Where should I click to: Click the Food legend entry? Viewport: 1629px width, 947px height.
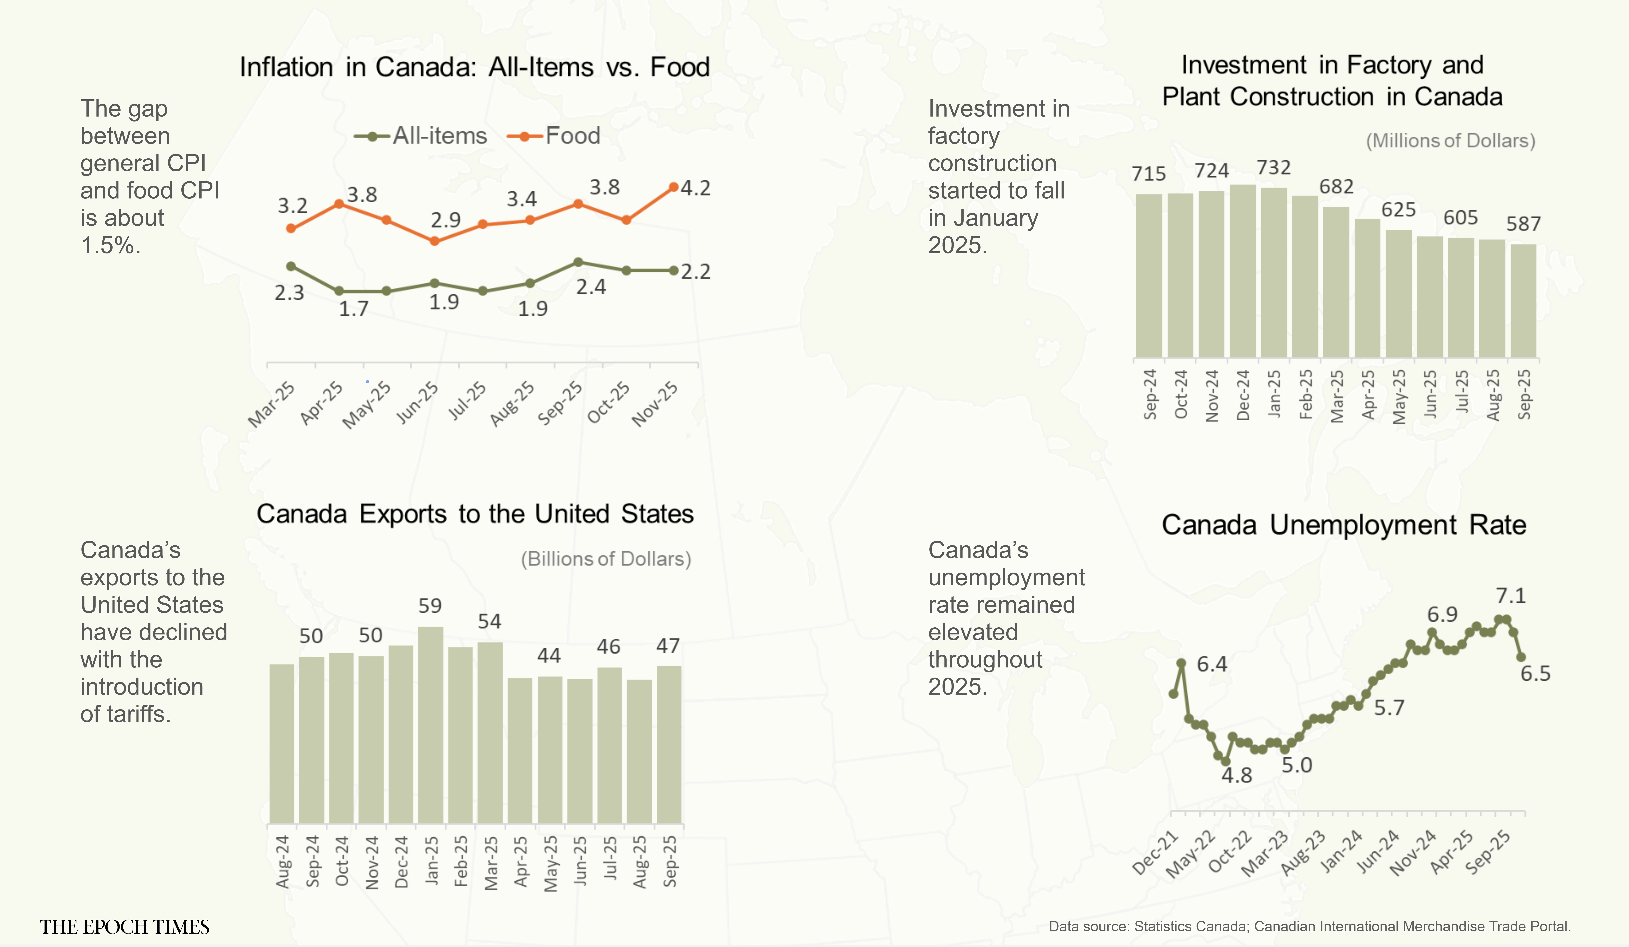pos(555,136)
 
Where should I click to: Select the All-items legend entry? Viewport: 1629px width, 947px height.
pos(421,136)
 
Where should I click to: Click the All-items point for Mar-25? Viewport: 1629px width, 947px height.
pos(291,266)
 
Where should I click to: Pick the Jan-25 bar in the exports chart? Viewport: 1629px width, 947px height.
pos(431,724)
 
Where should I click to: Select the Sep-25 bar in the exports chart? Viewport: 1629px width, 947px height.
pos(669,743)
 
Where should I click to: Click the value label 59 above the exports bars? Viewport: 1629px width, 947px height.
pos(430,606)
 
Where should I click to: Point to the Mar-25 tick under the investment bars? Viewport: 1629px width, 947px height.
pos(1337,395)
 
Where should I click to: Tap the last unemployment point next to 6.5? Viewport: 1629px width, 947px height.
pos(1521,657)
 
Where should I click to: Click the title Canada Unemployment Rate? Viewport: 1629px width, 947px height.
pos(1343,524)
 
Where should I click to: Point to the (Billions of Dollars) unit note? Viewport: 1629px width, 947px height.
pos(606,559)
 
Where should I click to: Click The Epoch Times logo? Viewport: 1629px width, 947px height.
pos(124,927)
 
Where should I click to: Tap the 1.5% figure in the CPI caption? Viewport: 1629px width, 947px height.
pos(110,245)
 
